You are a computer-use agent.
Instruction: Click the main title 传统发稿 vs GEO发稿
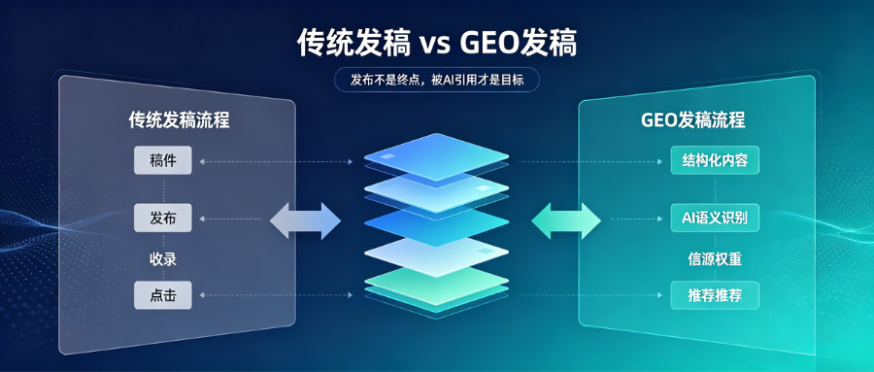pyautogui.click(x=436, y=44)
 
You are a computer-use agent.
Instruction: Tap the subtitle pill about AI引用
pyautogui.click(x=437, y=80)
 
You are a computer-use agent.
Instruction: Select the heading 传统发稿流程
pyautogui.click(x=179, y=119)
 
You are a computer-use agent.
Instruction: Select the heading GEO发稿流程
pyautogui.click(x=692, y=119)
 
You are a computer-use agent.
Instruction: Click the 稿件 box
pyautogui.click(x=163, y=160)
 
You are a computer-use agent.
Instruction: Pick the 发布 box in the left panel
pyautogui.click(x=163, y=219)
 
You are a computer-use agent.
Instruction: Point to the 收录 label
pyautogui.click(x=163, y=258)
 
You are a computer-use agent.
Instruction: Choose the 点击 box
pyautogui.click(x=163, y=295)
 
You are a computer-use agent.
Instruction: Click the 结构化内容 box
pyautogui.click(x=715, y=160)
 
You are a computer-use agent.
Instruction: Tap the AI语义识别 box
pyautogui.click(x=715, y=219)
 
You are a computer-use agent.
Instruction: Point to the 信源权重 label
pyautogui.click(x=715, y=258)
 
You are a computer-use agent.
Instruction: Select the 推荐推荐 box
pyautogui.click(x=715, y=295)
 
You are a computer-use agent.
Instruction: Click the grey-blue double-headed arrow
pyautogui.click(x=305, y=220)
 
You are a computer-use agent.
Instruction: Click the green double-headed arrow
pyautogui.click(x=566, y=220)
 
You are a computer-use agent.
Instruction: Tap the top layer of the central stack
pyautogui.click(x=436, y=156)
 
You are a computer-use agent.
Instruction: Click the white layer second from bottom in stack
pyautogui.click(x=436, y=255)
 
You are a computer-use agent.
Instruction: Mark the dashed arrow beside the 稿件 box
pyautogui.click(x=276, y=162)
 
